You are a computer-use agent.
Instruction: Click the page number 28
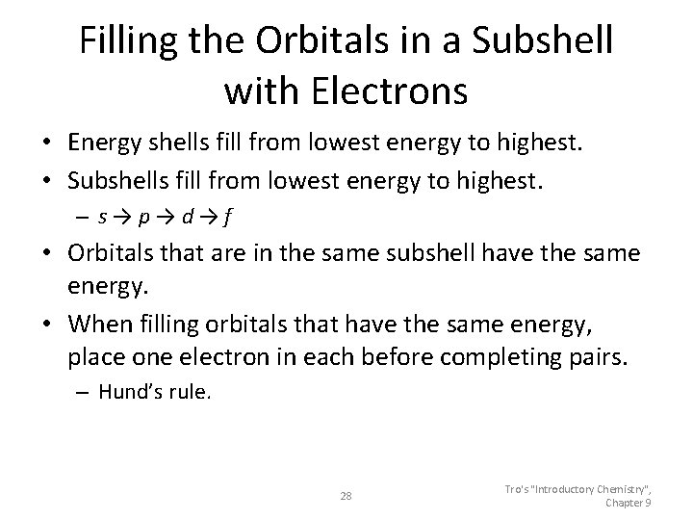click(x=346, y=496)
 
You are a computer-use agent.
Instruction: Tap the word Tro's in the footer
click(x=519, y=489)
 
